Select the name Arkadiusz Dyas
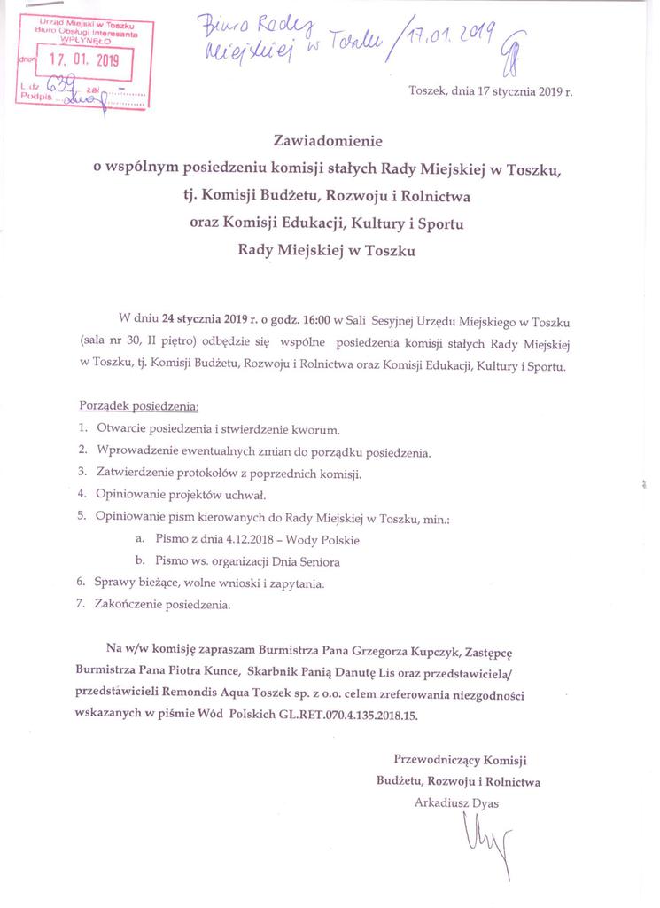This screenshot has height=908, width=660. click(x=456, y=802)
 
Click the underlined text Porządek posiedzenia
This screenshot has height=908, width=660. click(x=138, y=407)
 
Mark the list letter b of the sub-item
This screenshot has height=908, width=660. click(x=139, y=561)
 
